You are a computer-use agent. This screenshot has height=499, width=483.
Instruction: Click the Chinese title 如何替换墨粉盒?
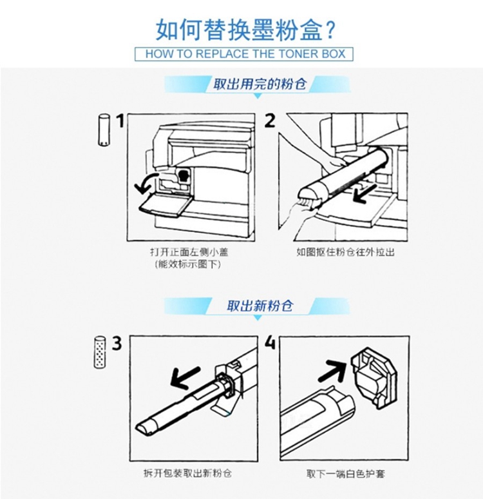pos(245,30)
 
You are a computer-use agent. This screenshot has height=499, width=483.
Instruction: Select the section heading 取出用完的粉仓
pos(260,84)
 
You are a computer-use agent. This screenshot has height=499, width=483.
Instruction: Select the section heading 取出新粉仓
pos(260,306)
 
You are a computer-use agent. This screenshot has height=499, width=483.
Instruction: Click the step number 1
pos(120,121)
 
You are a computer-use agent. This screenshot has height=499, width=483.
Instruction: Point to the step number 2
pos(270,121)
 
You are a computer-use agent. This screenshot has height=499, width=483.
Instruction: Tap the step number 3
pos(117,344)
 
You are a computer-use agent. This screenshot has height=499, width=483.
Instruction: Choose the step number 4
pos(270,344)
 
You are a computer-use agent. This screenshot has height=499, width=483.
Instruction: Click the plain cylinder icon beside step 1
pos(103,130)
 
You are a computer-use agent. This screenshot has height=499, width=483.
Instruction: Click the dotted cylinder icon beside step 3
pos(100,352)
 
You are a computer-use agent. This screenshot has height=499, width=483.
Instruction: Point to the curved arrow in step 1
pos(146,183)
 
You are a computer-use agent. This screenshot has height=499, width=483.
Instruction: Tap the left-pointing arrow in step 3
pos(185,377)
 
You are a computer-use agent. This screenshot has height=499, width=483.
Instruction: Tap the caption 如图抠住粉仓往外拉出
pos(345,252)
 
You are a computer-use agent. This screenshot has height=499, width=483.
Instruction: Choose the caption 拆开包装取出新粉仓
pos(187,474)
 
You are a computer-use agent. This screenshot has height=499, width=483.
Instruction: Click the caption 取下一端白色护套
pos(346,474)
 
